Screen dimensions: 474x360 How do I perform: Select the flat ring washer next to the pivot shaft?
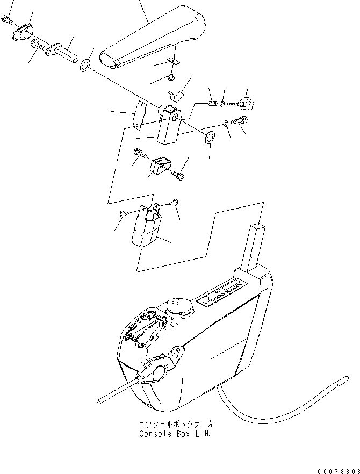click(x=85, y=67)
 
